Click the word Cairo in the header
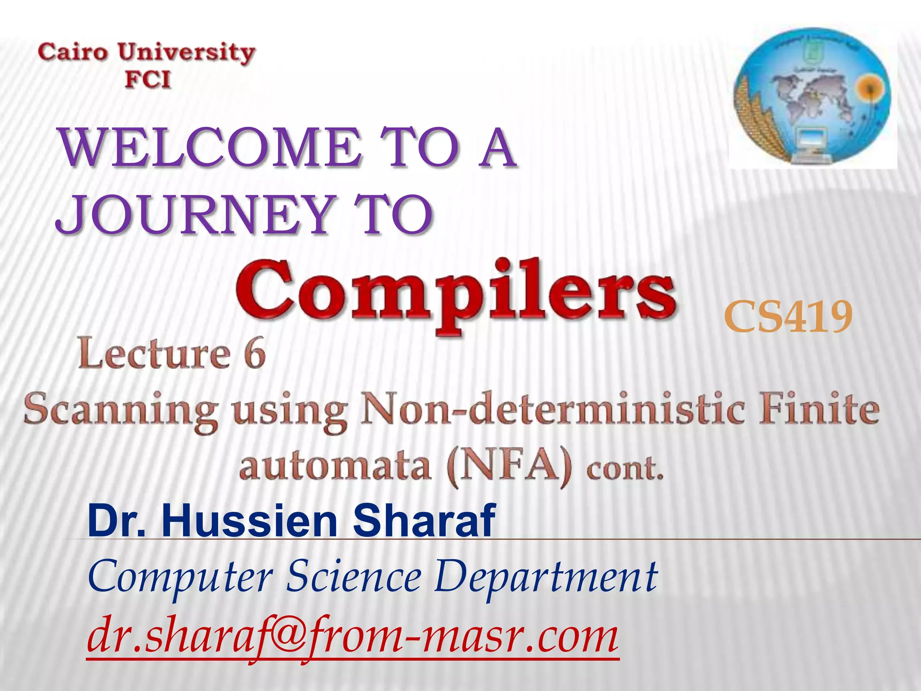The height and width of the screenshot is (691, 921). (x=73, y=52)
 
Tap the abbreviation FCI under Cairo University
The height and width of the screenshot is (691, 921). (x=148, y=80)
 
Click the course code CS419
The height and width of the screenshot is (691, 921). (x=788, y=318)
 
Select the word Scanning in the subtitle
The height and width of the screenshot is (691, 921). (x=121, y=410)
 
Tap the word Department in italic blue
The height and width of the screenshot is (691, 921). (x=545, y=579)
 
